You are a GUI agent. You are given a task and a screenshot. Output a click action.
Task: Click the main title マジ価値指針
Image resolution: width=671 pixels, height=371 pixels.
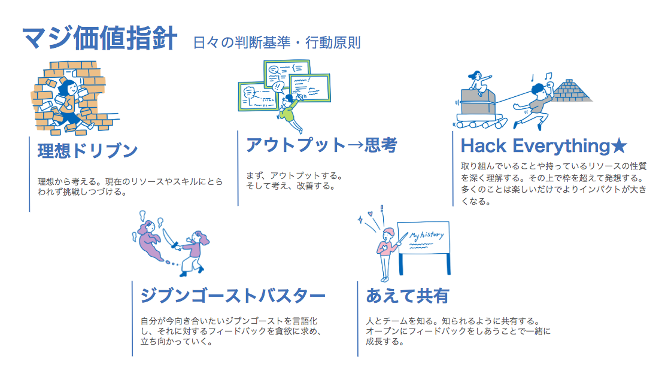pyautogui.click(x=99, y=38)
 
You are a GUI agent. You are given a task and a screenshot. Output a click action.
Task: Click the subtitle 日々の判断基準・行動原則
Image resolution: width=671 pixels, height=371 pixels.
pyautogui.click(x=277, y=43)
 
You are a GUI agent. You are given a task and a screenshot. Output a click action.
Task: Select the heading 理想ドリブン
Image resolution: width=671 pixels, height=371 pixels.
pyautogui.click(x=88, y=151)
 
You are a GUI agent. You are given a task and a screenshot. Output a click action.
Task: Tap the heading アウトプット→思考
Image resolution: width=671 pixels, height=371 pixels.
pyautogui.click(x=321, y=145)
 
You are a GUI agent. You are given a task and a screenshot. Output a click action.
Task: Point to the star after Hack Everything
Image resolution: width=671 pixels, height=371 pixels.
pyautogui.click(x=619, y=146)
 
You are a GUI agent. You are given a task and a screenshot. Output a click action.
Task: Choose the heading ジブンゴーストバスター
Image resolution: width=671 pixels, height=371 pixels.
pyautogui.click(x=233, y=296)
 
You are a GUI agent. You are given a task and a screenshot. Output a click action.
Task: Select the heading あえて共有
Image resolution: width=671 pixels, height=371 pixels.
pyautogui.click(x=408, y=296)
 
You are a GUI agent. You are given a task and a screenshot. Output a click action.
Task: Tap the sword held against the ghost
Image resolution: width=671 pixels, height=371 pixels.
pyautogui.click(x=169, y=238)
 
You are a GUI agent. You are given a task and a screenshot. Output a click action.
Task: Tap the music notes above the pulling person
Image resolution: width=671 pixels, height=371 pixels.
pyautogui.click(x=541, y=77)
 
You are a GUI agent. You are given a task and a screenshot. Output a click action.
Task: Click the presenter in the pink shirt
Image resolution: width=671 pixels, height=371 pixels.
pyautogui.click(x=387, y=253)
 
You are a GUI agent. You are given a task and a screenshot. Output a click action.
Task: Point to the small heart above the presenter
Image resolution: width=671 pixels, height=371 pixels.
pyautogui.click(x=370, y=214)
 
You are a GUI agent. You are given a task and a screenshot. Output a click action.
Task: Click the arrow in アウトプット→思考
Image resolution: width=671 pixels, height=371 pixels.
pyautogui.click(x=355, y=145)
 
